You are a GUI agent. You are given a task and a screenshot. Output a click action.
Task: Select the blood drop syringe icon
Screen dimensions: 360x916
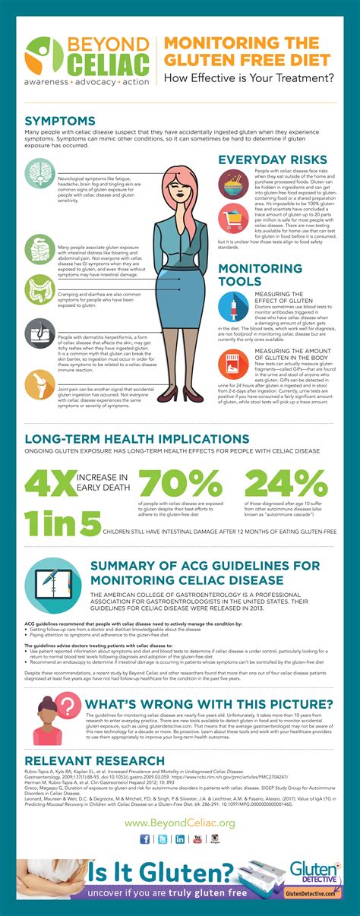pos(232,306)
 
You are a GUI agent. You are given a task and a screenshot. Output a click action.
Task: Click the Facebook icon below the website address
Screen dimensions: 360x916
pos(145,817)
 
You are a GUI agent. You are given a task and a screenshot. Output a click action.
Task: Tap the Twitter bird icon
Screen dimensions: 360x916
pos(163,817)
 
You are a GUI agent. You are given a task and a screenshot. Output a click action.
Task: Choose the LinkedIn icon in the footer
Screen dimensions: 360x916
pos(180,817)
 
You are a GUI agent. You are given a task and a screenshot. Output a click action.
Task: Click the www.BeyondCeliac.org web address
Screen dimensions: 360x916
pos(179,801)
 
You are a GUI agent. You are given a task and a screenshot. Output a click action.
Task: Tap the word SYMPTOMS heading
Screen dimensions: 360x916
pos(60,121)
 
